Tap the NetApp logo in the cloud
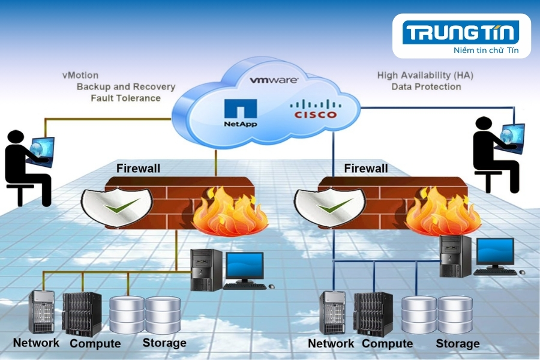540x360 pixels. (241, 112)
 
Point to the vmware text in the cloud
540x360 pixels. (274, 80)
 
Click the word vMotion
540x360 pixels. (80, 76)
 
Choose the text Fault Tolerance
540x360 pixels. (125, 98)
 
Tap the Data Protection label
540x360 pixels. (426, 86)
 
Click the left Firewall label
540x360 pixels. (138, 169)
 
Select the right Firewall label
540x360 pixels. (366, 169)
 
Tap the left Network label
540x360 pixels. (36, 343)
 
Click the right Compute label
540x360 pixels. (387, 344)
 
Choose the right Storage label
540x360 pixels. (457, 344)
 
